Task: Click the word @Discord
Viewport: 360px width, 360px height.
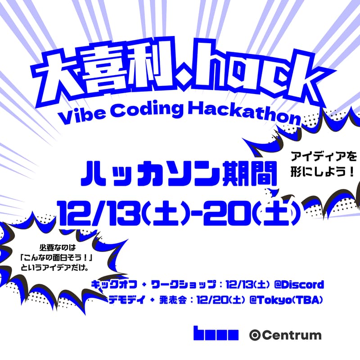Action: (298, 285)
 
